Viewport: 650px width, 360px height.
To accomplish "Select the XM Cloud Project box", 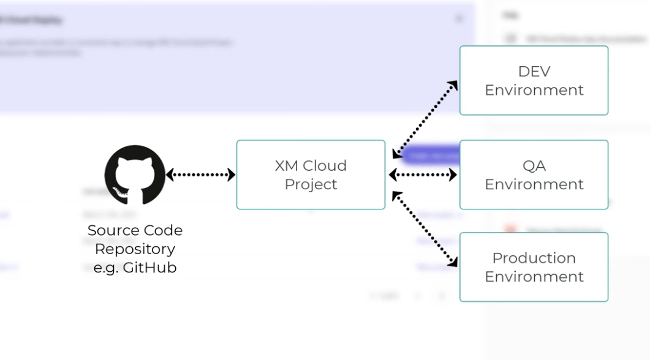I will point(311,174).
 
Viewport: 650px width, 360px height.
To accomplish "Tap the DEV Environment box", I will point(534,80).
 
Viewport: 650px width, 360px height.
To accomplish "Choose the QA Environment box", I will point(534,174).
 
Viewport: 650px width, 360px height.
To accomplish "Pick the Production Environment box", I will point(534,267).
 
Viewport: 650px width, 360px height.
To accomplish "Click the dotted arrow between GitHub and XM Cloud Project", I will point(200,175).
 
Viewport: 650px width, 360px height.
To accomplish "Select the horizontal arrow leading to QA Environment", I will point(423,175).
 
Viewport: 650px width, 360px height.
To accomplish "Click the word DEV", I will point(534,71).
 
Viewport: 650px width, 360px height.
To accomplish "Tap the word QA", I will point(534,165).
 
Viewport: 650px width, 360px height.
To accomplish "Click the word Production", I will point(534,258).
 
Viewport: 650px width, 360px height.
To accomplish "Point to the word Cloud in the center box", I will point(325,165).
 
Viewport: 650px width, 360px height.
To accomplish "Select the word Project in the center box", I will point(311,184).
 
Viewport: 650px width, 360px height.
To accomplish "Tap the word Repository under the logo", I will point(135,249).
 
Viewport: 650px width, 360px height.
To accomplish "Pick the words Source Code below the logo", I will point(135,230).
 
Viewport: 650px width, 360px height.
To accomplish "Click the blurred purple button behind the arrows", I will point(432,156).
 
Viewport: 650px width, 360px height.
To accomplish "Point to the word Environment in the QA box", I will point(534,184).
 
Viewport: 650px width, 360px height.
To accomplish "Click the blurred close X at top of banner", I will point(459,19).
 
